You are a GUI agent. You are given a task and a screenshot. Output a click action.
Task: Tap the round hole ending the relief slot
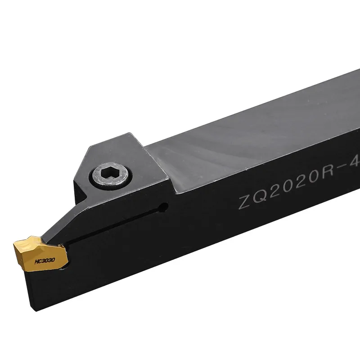(x=165, y=208)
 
